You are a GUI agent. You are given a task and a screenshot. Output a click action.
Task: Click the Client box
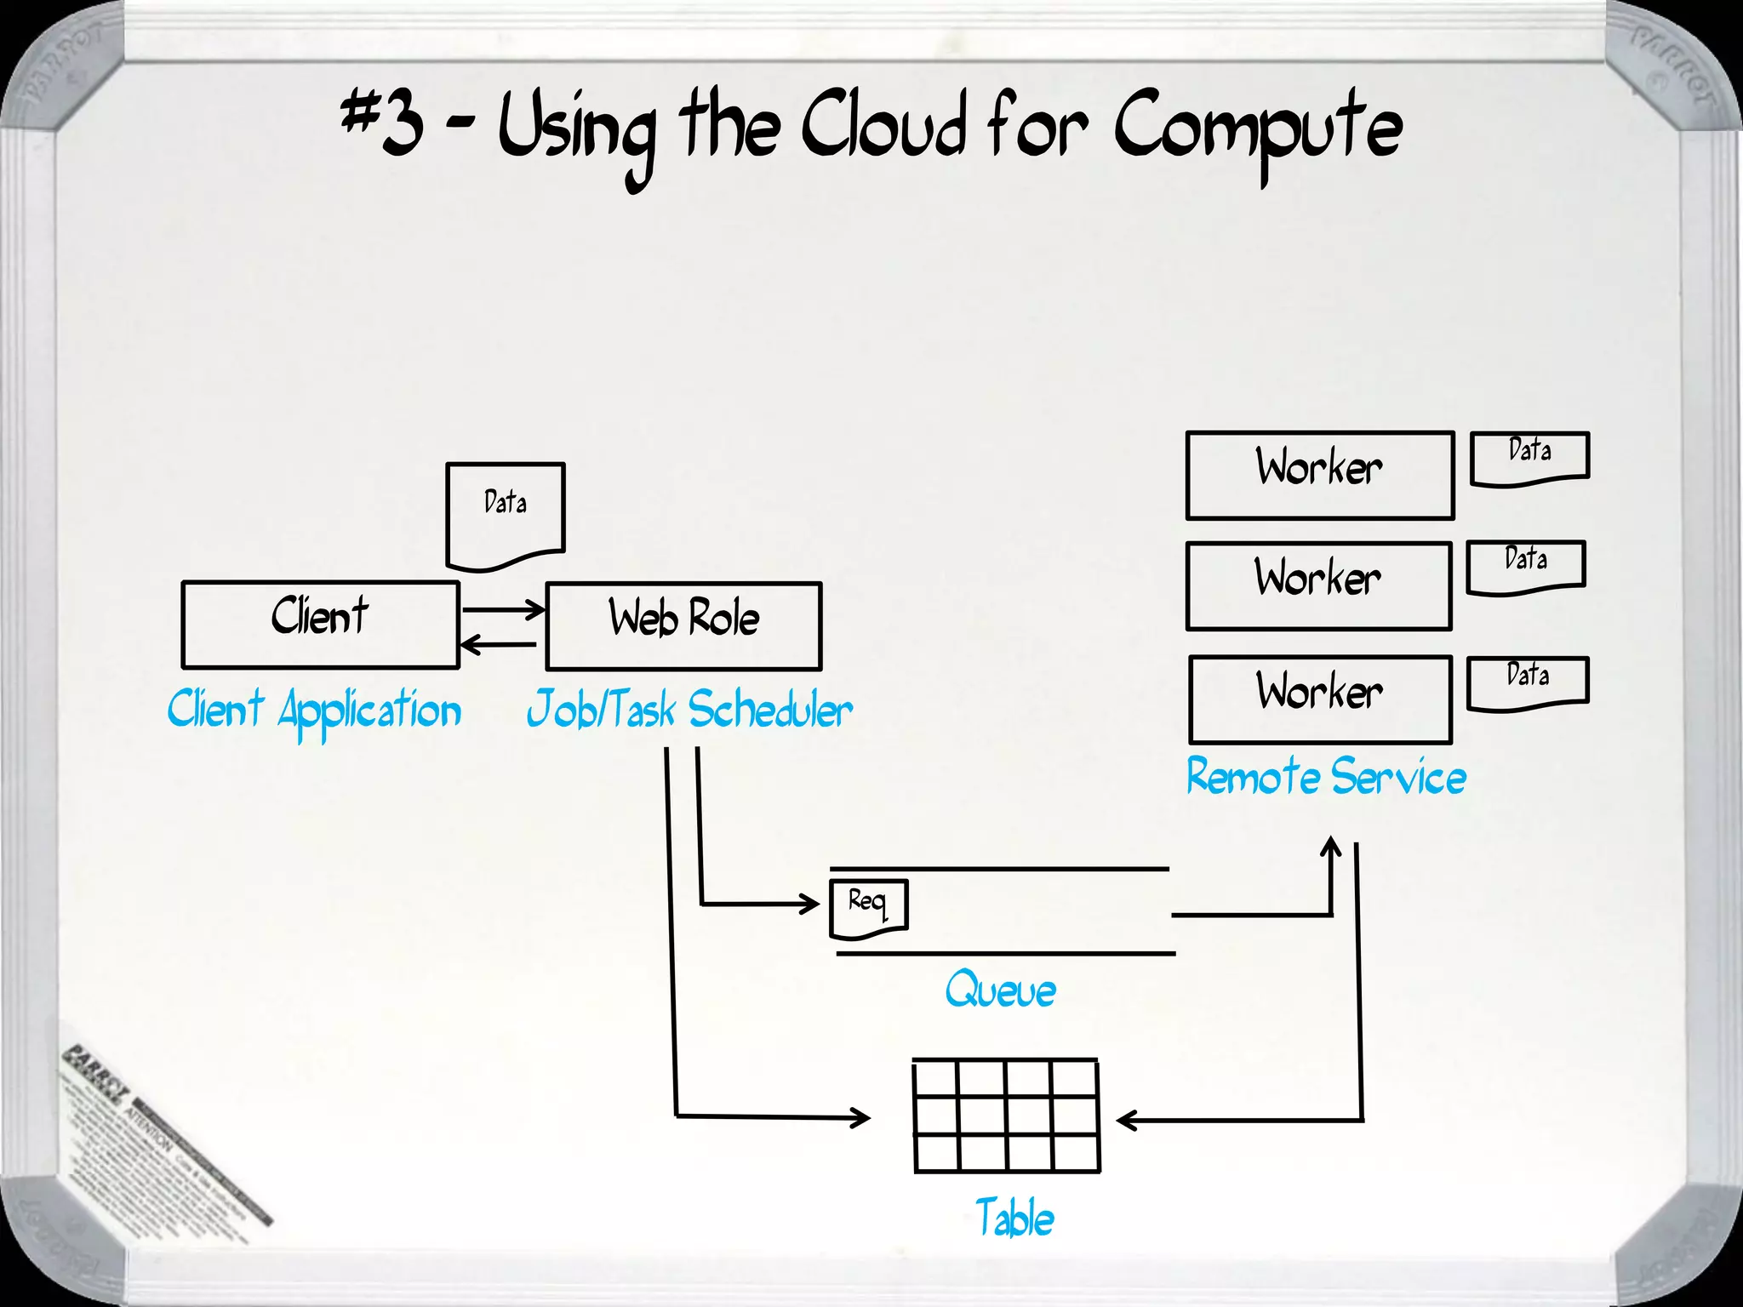tap(320, 624)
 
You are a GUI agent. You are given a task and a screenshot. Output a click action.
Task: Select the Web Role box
tap(683, 626)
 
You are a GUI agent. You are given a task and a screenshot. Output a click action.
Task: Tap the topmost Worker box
tap(1319, 475)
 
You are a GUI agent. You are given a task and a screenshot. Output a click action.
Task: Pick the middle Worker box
tap(1318, 585)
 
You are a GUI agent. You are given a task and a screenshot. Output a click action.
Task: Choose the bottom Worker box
tap(1320, 699)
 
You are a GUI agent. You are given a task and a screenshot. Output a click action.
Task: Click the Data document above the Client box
tap(505, 513)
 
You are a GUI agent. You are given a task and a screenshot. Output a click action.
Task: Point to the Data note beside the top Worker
tap(1529, 457)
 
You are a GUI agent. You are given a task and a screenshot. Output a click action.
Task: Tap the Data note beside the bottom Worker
tap(1528, 682)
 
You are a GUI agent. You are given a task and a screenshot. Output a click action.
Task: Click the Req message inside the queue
tap(868, 907)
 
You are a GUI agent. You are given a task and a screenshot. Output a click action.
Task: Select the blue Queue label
tap(1000, 990)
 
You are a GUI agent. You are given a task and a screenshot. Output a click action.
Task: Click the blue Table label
tap(1014, 1218)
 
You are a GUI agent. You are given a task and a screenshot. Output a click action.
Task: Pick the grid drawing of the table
tap(1006, 1116)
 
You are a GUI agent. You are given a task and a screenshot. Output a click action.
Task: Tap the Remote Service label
tap(1326, 777)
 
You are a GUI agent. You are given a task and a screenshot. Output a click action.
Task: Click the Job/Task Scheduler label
tap(689, 711)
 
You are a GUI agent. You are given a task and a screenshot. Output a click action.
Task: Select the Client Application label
tap(314, 711)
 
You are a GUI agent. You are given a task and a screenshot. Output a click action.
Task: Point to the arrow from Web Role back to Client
tap(499, 644)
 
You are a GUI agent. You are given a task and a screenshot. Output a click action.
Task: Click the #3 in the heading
tap(382, 123)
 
